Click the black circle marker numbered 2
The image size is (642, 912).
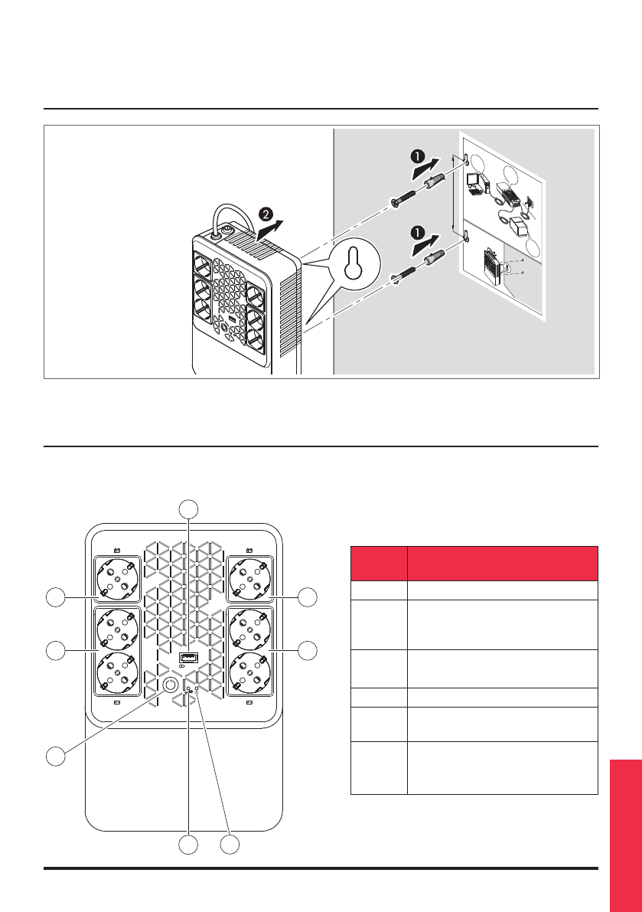(265, 211)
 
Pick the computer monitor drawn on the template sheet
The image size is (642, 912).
(474, 181)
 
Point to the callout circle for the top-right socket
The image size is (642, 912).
(307, 597)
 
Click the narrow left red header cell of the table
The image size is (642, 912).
(378, 563)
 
